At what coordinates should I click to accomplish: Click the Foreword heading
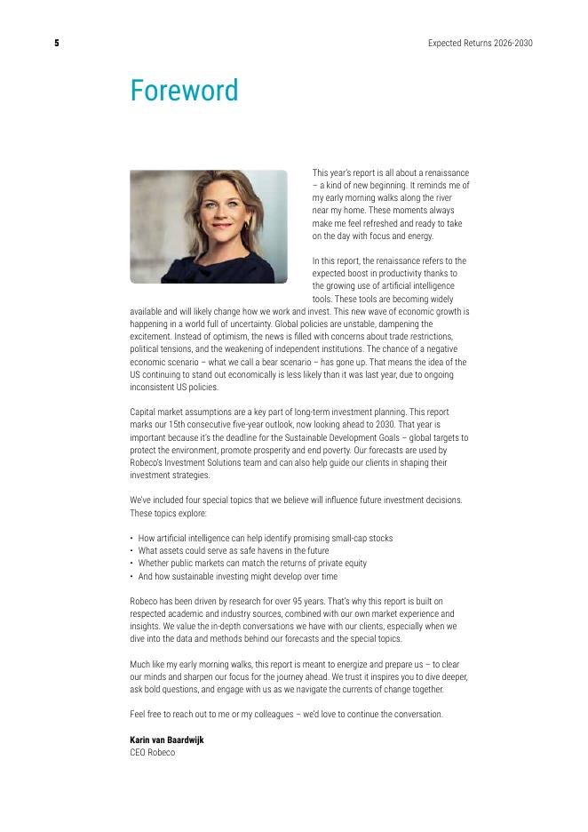(184, 91)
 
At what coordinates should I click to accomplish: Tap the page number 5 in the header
(57, 43)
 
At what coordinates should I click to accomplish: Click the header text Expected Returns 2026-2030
(480, 43)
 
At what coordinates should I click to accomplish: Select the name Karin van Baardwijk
(166, 740)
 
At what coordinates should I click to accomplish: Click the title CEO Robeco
(153, 753)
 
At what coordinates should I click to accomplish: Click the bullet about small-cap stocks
(265, 538)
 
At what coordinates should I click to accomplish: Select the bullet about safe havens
(233, 550)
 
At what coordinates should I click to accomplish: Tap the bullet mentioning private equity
(252, 563)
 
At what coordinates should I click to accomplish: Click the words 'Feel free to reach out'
(172, 714)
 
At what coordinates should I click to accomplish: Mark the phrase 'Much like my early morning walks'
(187, 664)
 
